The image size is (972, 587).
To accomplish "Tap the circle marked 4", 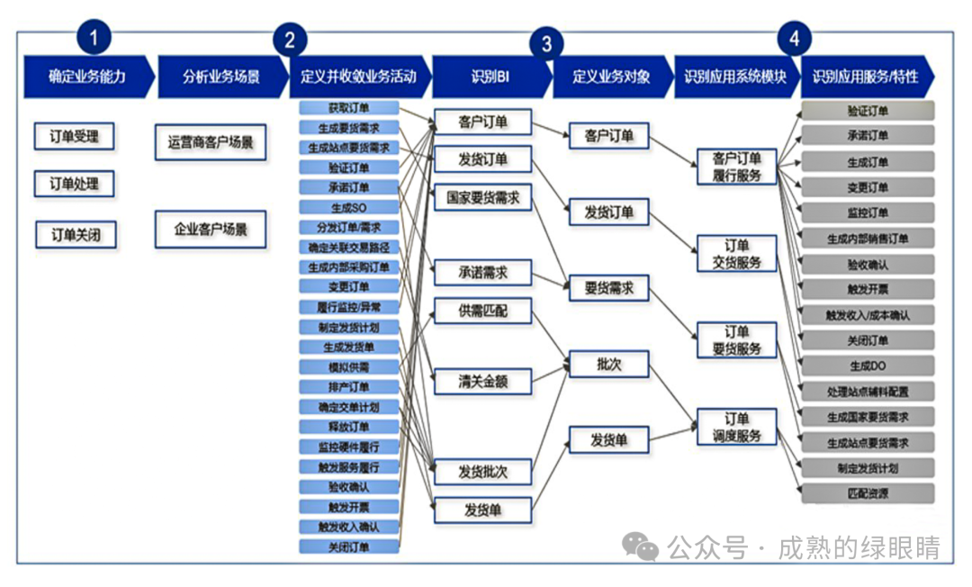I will click(x=793, y=38).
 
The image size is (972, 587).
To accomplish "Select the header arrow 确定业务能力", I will click(x=86, y=77).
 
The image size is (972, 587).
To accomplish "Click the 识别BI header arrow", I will click(x=490, y=77).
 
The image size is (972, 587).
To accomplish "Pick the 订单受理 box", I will click(x=75, y=137).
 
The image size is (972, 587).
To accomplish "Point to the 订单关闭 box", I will click(x=76, y=235).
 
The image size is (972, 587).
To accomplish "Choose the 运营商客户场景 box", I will click(x=211, y=142).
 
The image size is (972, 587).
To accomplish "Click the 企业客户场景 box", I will click(x=211, y=229).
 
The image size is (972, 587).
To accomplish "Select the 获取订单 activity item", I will click(x=348, y=108).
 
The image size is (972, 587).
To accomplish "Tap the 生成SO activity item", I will click(x=348, y=207).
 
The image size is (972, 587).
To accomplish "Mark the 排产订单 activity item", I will click(x=348, y=387).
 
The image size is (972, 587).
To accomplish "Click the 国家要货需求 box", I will click(x=482, y=198).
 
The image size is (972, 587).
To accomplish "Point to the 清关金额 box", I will click(x=482, y=382).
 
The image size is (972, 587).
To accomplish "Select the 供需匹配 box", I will click(x=482, y=311).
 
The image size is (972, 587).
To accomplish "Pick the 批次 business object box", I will click(x=608, y=364).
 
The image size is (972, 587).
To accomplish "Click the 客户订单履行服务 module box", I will click(x=737, y=167).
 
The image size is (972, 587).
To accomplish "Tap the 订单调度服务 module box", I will click(x=737, y=428).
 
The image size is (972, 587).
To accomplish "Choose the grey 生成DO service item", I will click(x=868, y=366).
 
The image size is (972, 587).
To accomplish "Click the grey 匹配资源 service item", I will click(x=868, y=493).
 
